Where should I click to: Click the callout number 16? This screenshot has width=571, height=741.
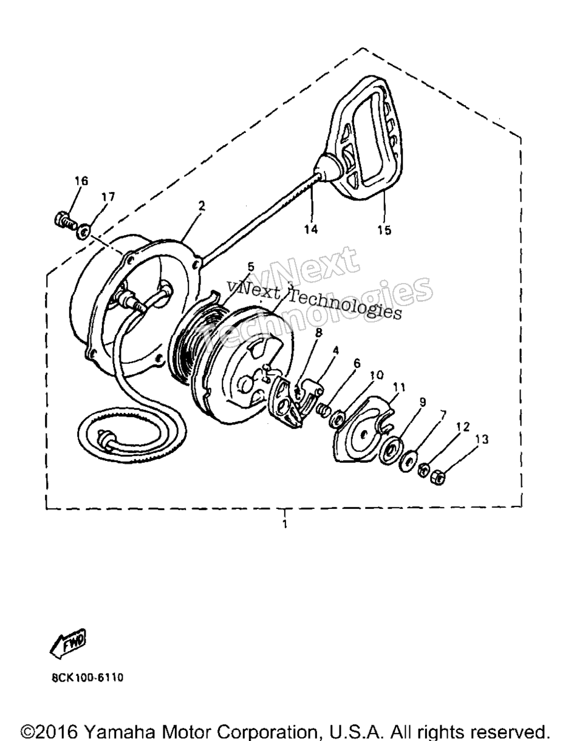coord(81,180)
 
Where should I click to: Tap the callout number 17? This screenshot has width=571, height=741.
coord(108,197)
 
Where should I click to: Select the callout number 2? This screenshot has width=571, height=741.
coord(202,205)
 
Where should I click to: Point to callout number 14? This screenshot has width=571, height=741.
coord(311,229)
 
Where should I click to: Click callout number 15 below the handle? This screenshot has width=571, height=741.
coord(384,230)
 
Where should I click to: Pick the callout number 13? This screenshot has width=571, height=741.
coord(482,439)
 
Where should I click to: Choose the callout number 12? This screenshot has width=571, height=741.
coord(463,426)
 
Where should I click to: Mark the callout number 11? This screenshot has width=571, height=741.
coord(399,388)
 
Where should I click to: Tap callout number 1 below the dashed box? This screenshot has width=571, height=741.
coord(285,524)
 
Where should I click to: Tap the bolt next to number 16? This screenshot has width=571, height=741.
coord(65,220)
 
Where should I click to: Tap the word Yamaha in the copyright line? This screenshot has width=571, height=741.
coord(119,731)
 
